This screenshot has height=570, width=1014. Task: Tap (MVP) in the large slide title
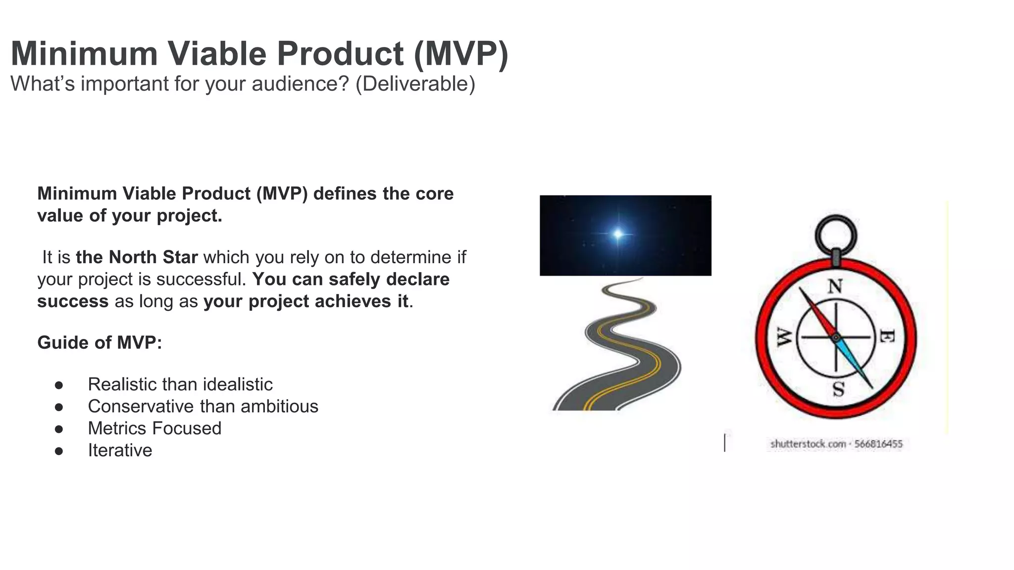pyautogui.click(x=460, y=53)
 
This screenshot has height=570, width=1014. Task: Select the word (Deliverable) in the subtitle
pyautogui.click(x=415, y=84)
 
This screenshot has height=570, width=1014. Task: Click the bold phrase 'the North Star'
pyautogui.click(x=137, y=257)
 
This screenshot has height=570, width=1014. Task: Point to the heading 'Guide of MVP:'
pyautogui.click(x=100, y=342)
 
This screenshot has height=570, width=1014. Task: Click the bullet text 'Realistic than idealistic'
pyautogui.click(x=180, y=384)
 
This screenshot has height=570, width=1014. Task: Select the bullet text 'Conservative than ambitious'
pyautogui.click(x=203, y=406)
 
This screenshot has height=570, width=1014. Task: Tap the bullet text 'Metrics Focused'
pyautogui.click(x=154, y=428)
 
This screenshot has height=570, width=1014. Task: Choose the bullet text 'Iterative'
pyautogui.click(x=120, y=450)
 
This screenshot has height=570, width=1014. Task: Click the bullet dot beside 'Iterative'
pyautogui.click(x=59, y=451)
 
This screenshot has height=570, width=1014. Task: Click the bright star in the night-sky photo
pyautogui.click(x=618, y=234)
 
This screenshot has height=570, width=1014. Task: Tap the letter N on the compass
pyautogui.click(x=835, y=286)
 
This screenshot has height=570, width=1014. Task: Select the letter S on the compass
pyautogui.click(x=838, y=389)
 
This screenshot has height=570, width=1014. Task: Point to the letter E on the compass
pyautogui.click(x=887, y=337)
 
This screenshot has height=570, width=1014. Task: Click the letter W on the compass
pyautogui.click(x=784, y=337)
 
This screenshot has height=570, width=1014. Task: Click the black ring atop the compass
pyautogui.click(x=836, y=234)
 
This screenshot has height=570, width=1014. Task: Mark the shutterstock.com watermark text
pyautogui.click(x=836, y=444)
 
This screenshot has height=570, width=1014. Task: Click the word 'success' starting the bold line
pyautogui.click(x=73, y=301)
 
